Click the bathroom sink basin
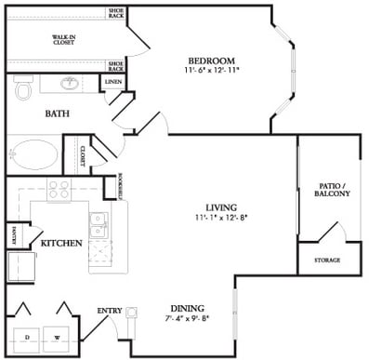(x=70, y=83)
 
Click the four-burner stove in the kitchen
(x=60, y=190)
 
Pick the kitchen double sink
(x=98, y=224)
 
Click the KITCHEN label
(x=61, y=243)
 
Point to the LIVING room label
(x=222, y=207)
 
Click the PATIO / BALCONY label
(x=333, y=189)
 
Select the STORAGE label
(x=327, y=260)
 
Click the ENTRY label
(x=110, y=311)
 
